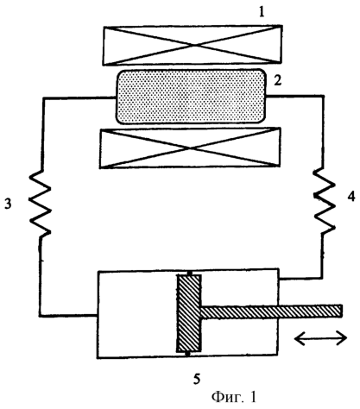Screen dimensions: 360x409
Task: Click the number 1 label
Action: [x=262, y=12]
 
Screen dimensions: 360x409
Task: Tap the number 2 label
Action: [x=277, y=81]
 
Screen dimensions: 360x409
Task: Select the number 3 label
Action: [x=8, y=204]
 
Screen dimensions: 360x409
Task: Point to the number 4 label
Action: [x=351, y=197]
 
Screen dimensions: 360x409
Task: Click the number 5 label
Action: [x=197, y=379]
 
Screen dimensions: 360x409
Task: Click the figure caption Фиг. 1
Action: [x=233, y=397]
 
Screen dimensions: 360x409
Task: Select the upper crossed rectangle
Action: [x=193, y=45]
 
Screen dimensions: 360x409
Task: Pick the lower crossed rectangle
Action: [x=190, y=148]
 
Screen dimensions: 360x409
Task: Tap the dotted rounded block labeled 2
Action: [x=191, y=97]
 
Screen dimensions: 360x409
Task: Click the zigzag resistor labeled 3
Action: [x=41, y=204]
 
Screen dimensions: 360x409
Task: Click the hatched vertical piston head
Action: [x=189, y=313]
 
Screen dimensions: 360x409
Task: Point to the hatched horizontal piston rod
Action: [x=272, y=311]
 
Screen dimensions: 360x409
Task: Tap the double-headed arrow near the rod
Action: [x=320, y=337]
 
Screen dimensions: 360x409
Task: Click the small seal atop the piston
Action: [x=189, y=273]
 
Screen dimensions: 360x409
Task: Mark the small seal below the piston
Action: [x=187, y=354]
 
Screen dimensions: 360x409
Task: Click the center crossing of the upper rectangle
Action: [x=193, y=45]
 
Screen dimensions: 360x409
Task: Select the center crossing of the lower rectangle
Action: [x=190, y=148]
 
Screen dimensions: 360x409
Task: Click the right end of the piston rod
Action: [x=342, y=311]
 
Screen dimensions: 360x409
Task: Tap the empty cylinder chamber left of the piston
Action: [x=137, y=314]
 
